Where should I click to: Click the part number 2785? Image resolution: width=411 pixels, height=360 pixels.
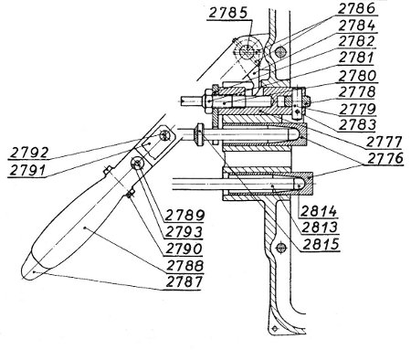[x=227, y=13]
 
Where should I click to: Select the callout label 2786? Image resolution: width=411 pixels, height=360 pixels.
[x=357, y=8]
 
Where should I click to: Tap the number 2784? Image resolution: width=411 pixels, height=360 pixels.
[x=357, y=26]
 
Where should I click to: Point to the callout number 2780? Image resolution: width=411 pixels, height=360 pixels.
[x=357, y=75]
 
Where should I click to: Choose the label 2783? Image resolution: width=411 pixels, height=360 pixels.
[x=357, y=124]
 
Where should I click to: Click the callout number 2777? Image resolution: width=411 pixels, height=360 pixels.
[x=384, y=142]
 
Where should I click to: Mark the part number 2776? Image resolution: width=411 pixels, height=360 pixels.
[x=385, y=158]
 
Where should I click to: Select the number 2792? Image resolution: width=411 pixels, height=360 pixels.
[x=28, y=153]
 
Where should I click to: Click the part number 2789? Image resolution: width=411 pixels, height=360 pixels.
[x=184, y=216]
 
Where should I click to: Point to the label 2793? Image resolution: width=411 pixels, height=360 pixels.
[x=184, y=232]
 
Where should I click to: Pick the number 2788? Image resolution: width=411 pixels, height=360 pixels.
[x=184, y=266]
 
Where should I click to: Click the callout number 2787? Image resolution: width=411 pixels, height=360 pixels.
[x=184, y=281]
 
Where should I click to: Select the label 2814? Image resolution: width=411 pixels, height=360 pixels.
[x=318, y=211]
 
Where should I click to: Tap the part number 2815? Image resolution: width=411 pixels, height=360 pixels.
[x=320, y=244]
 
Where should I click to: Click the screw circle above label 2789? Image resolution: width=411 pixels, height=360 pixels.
[x=138, y=164]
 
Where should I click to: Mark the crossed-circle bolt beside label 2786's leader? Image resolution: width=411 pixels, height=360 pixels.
[x=280, y=52]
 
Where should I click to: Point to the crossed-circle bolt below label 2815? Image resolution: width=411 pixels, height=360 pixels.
[x=281, y=248]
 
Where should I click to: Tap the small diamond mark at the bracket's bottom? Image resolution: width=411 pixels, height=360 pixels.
[x=275, y=328]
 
